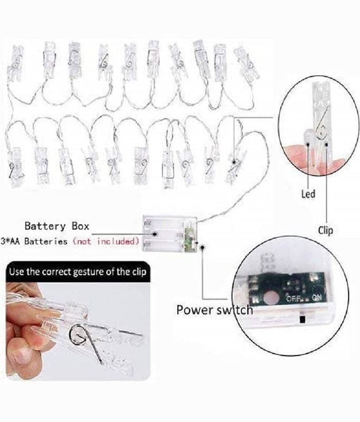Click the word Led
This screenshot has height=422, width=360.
point(308,194)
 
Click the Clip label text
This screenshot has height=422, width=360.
point(325,231)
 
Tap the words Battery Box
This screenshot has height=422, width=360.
point(57,226)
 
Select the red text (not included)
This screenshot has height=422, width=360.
point(106,241)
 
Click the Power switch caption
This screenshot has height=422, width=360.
point(215,310)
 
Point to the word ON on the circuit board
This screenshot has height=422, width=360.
point(316,298)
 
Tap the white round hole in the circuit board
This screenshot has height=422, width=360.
point(271,298)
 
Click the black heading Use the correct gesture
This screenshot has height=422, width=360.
point(78,272)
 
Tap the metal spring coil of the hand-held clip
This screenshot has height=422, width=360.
point(77,334)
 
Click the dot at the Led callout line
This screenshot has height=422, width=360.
point(308,144)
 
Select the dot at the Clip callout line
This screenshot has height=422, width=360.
point(327,144)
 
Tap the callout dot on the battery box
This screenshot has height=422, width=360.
point(155,234)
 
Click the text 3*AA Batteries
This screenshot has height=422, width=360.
point(34,241)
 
